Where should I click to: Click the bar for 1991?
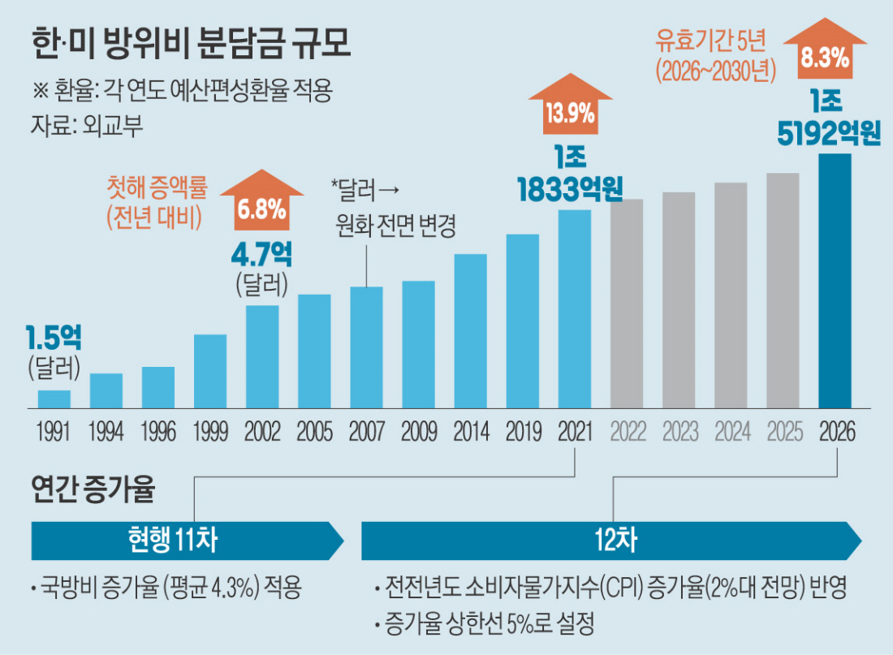point(54,399)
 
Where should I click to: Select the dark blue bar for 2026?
point(835,280)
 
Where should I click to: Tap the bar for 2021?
point(575,308)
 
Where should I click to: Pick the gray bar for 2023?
point(679,300)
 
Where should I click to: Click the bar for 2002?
point(262,356)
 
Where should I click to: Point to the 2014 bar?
point(470,330)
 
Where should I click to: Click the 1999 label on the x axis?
point(210,431)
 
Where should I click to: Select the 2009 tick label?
point(418,431)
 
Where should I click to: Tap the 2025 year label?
point(783,431)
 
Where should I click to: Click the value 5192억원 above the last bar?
point(829,135)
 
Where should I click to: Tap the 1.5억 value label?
point(54,338)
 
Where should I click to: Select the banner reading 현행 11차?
point(187,541)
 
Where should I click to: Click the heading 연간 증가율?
point(93,489)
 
